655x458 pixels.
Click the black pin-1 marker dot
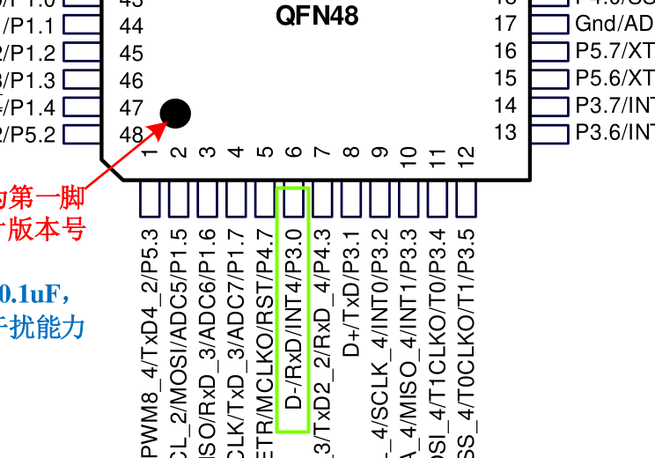pyautogui.click(x=175, y=113)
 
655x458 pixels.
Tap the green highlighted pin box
pyautogui.click(x=292, y=201)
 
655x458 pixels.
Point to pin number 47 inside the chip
pyautogui.click(x=131, y=107)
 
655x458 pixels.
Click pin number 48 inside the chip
pyautogui.click(x=131, y=135)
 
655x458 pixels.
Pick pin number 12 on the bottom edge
pyautogui.click(x=466, y=160)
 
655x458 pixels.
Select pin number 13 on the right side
pyautogui.click(x=505, y=133)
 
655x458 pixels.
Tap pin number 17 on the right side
pyautogui.click(x=505, y=24)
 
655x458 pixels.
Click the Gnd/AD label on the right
pyautogui.click(x=615, y=24)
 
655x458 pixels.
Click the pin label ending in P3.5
pyautogui.click(x=466, y=343)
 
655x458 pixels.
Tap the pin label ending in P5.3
pyautogui.click(x=149, y=343)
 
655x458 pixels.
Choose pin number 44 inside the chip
pyautogui.click(x=131, y=26)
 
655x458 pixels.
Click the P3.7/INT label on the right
pyautogui.click(x=615, y=106)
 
